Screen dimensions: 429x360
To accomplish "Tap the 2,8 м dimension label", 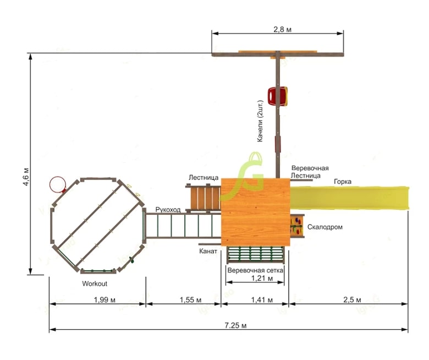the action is click(282, 29).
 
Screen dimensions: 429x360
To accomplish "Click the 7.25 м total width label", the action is click(235, 325).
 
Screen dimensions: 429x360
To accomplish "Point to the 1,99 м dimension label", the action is click(105, 300).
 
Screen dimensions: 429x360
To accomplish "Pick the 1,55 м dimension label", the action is click(190, 300).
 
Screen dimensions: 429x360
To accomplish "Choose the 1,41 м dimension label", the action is click(262, 300).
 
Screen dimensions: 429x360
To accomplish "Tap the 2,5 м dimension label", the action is click(352, 300).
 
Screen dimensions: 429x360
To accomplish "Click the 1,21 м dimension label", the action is click(262, 279).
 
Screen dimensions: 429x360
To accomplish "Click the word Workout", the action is click(95, 283).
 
